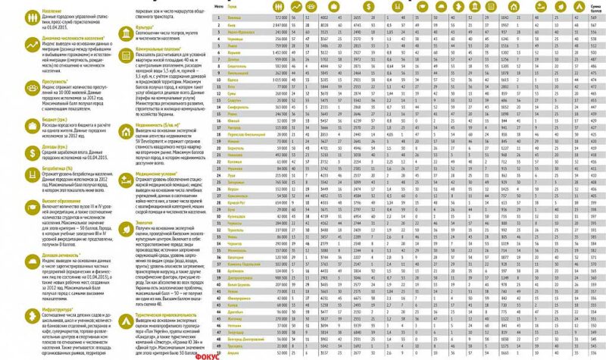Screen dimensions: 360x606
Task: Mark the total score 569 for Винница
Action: click(x=593, y=16)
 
